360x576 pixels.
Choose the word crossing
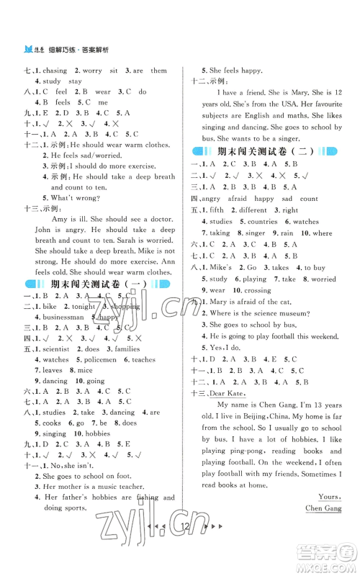pyautogui.click(x=253, y=290)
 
